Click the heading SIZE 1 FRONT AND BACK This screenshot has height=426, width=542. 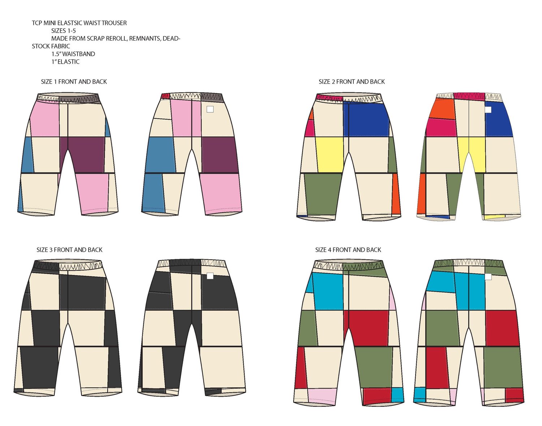74,82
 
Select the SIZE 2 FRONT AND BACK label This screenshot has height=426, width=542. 352,82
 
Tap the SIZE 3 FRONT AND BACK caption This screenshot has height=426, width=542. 69,250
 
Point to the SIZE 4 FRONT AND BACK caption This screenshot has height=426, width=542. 348,250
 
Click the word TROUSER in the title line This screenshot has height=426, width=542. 114,23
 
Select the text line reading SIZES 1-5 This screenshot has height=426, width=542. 63,31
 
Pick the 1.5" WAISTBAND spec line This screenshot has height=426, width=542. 73,54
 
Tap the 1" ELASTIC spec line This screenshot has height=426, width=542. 65,62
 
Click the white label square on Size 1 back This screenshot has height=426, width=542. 210,109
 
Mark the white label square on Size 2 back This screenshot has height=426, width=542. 488,109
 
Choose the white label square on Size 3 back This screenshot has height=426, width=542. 210,276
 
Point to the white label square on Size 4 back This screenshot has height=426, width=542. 488,277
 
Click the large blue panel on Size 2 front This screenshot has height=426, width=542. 366,119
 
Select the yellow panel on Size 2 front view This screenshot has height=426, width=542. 330,154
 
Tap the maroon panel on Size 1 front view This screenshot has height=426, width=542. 87,154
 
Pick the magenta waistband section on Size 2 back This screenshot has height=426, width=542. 469,96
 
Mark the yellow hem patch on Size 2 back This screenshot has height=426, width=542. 494,217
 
